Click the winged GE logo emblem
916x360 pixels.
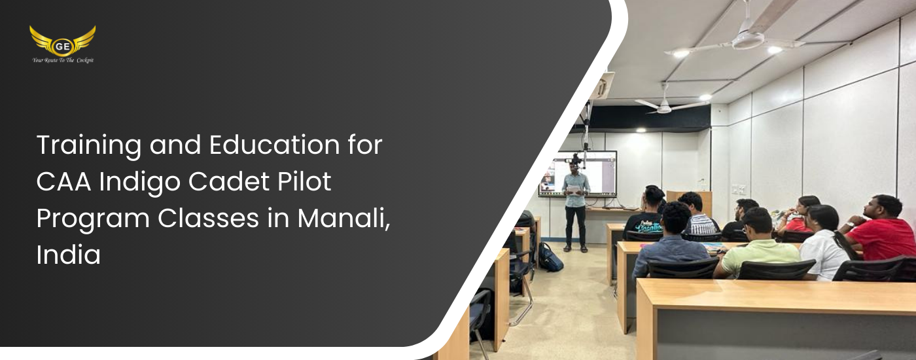click(63, 41)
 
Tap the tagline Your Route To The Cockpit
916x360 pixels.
click(63, 60)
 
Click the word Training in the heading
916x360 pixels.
click(89, 145)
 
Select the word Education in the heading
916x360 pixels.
click(274, 145)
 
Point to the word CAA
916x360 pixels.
click(64, 182)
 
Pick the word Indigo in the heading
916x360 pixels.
click(139, 183)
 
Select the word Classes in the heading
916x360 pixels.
click(208, 219)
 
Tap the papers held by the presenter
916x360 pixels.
click(574, 190)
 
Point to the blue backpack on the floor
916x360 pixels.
click(550, 257)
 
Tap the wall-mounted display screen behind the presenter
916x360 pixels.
click(577, 173)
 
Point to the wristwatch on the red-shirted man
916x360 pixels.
click(850, 225)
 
